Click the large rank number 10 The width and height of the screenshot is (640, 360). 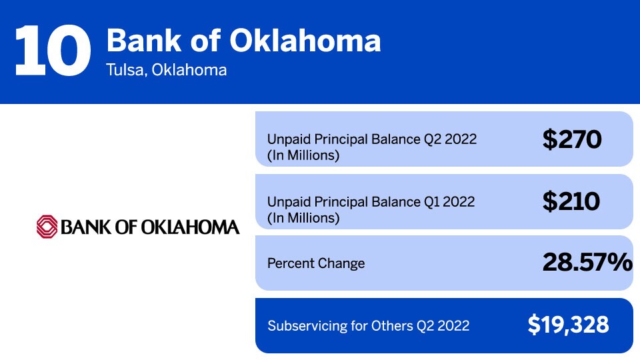tap(52, 51)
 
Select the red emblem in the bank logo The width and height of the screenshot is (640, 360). tap(47, 227)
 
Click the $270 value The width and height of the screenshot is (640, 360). tap(572, 139)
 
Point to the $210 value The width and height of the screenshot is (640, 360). tap(571, 201)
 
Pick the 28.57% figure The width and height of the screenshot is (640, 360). tap(587, 263)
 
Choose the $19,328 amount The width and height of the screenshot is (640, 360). tap(568, 325)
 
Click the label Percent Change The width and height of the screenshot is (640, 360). tap(316, 263)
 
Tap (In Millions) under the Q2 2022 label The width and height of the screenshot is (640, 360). tap(303, 156)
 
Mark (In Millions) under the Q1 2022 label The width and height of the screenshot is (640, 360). tap(303, 218)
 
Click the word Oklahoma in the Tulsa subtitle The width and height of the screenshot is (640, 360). tap(189, 70)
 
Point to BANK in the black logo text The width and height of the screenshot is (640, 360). tap(85, 227)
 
